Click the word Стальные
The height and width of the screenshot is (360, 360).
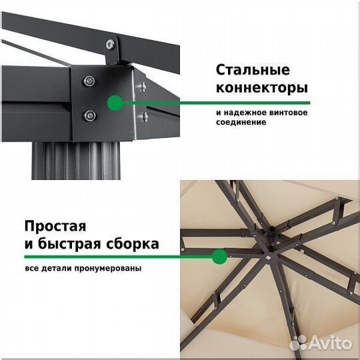coord(253,70)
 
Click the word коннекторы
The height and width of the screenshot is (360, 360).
coord(261,88)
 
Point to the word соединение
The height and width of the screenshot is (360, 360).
coord(241,123)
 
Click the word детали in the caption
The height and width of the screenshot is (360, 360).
coord(58,269)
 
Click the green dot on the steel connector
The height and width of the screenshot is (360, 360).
coord(115,103)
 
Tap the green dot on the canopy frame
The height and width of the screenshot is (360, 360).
coord(219,256)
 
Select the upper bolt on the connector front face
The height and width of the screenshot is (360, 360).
coord(89,81)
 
